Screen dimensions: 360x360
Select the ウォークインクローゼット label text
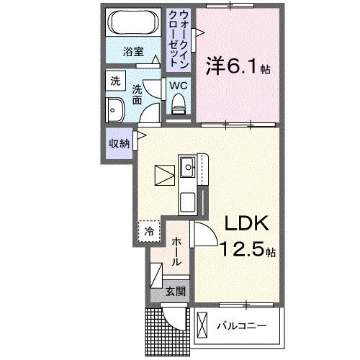click(178, 37)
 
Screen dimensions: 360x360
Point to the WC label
click(178, 86)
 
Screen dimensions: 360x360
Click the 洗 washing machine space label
click(115, 81)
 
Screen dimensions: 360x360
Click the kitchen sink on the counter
click(188, 168)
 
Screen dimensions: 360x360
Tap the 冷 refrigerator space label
click(148, 232)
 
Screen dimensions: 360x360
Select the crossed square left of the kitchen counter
click(164, 176)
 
